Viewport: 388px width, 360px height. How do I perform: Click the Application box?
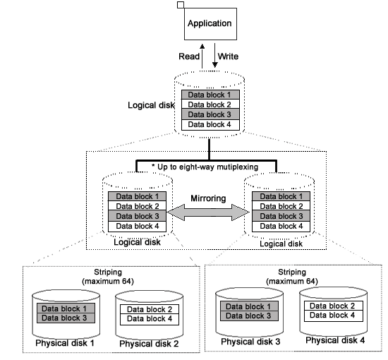tap(210, 24)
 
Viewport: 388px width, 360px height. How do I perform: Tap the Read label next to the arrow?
tap(189, 56)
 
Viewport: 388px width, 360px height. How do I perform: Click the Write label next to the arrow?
tap(228, 56)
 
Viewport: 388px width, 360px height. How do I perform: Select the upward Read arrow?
tap(202, 56)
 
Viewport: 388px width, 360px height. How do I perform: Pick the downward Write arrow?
tap(214, 56)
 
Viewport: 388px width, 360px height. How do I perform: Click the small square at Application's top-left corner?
tap(181, 5)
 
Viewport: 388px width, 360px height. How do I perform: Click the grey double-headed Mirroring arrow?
tap(208, 212)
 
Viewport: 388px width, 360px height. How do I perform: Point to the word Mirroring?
tap(208, 198)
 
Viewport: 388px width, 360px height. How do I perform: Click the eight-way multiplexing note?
tap(205, 167)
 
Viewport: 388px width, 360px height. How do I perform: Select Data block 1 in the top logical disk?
tap(210, 95)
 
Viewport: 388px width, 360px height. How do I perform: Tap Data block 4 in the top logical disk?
tap(210, 124)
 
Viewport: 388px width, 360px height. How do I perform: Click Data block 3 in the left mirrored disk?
tap(137, 216)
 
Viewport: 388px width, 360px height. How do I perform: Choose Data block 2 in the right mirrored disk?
tap(281, 206)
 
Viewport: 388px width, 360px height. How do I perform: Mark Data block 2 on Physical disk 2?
tap(150, 309)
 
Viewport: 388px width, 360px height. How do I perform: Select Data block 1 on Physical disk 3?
tap(249, 306)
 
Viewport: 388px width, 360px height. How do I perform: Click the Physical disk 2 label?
tap(149, 344)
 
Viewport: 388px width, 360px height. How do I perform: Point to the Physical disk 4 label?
tap(335, 340)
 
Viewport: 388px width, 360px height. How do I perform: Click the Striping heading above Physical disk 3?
tap(292, 272)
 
